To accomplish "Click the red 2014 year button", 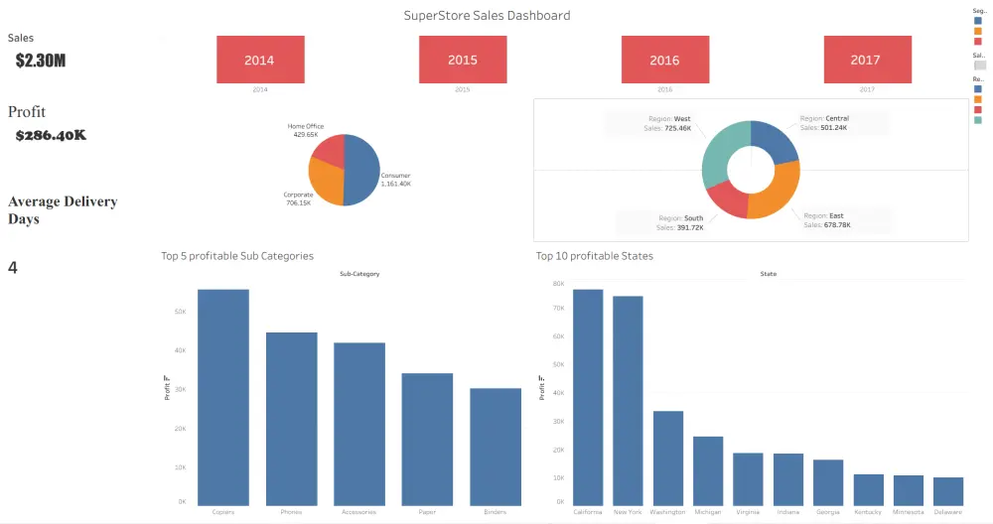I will coord(259,60).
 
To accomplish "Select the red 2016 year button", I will coord(664,60).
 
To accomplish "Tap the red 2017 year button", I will coord(867,60).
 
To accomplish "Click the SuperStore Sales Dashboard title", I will coord(487,16).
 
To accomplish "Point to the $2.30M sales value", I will coord(41,61).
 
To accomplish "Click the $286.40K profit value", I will coord(51,135).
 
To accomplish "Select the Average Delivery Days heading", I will coord(63,209).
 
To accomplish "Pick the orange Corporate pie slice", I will coord(325,181).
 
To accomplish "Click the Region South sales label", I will coord(680,221).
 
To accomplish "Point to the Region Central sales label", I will coord(824,122).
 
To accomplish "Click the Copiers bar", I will coord(223,397).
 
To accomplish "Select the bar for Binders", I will coord(495,447).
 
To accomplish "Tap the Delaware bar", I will coord(948,491).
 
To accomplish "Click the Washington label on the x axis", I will coord(668,512).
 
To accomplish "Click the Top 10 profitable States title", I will coord(595,256).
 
